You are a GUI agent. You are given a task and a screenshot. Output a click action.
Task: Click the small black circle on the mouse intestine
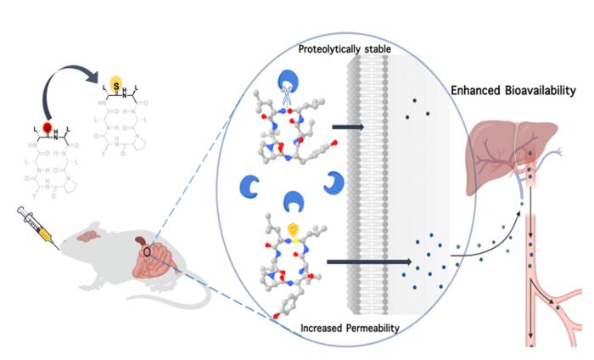click(148, 251)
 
